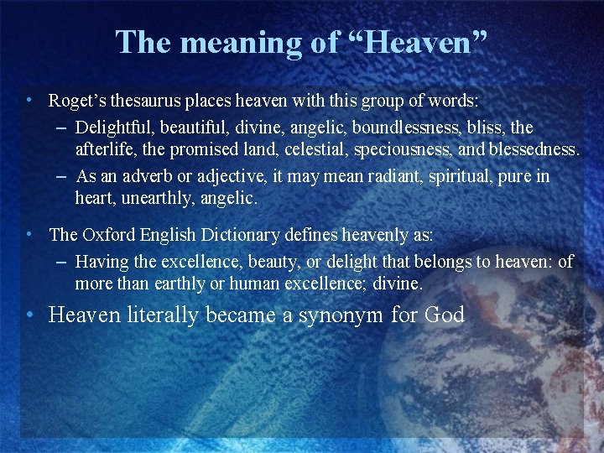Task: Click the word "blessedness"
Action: click(539, 150)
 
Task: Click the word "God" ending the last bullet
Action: click(445, 315)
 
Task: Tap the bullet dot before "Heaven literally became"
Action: click(29, 315)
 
